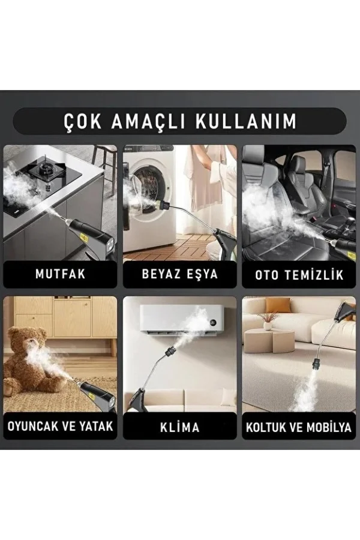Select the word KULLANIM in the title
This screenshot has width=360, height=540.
[246, 121]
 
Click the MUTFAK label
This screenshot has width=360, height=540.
[60, 275]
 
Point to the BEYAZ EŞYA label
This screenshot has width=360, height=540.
[180, 275]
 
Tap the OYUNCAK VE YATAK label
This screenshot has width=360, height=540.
[60, 427]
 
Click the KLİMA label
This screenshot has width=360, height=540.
[180, 427]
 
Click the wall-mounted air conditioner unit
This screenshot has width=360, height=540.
[181, 321]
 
